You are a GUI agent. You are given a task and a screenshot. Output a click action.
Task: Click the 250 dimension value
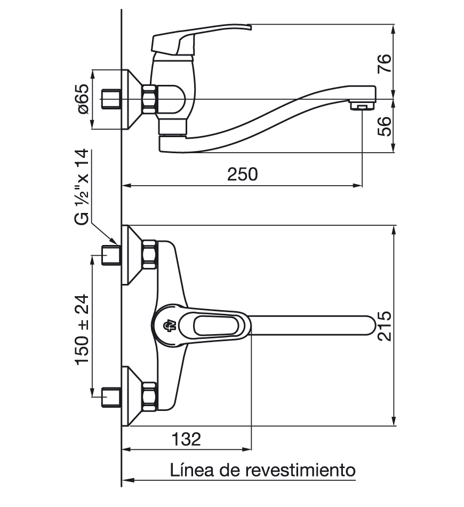243,175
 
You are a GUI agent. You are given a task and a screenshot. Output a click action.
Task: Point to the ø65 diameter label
83,99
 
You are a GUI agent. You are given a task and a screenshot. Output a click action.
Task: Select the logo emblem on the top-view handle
166,325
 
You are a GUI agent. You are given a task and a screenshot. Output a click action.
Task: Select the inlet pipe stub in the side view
111,100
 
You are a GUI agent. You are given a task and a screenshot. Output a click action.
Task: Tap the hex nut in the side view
150,99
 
